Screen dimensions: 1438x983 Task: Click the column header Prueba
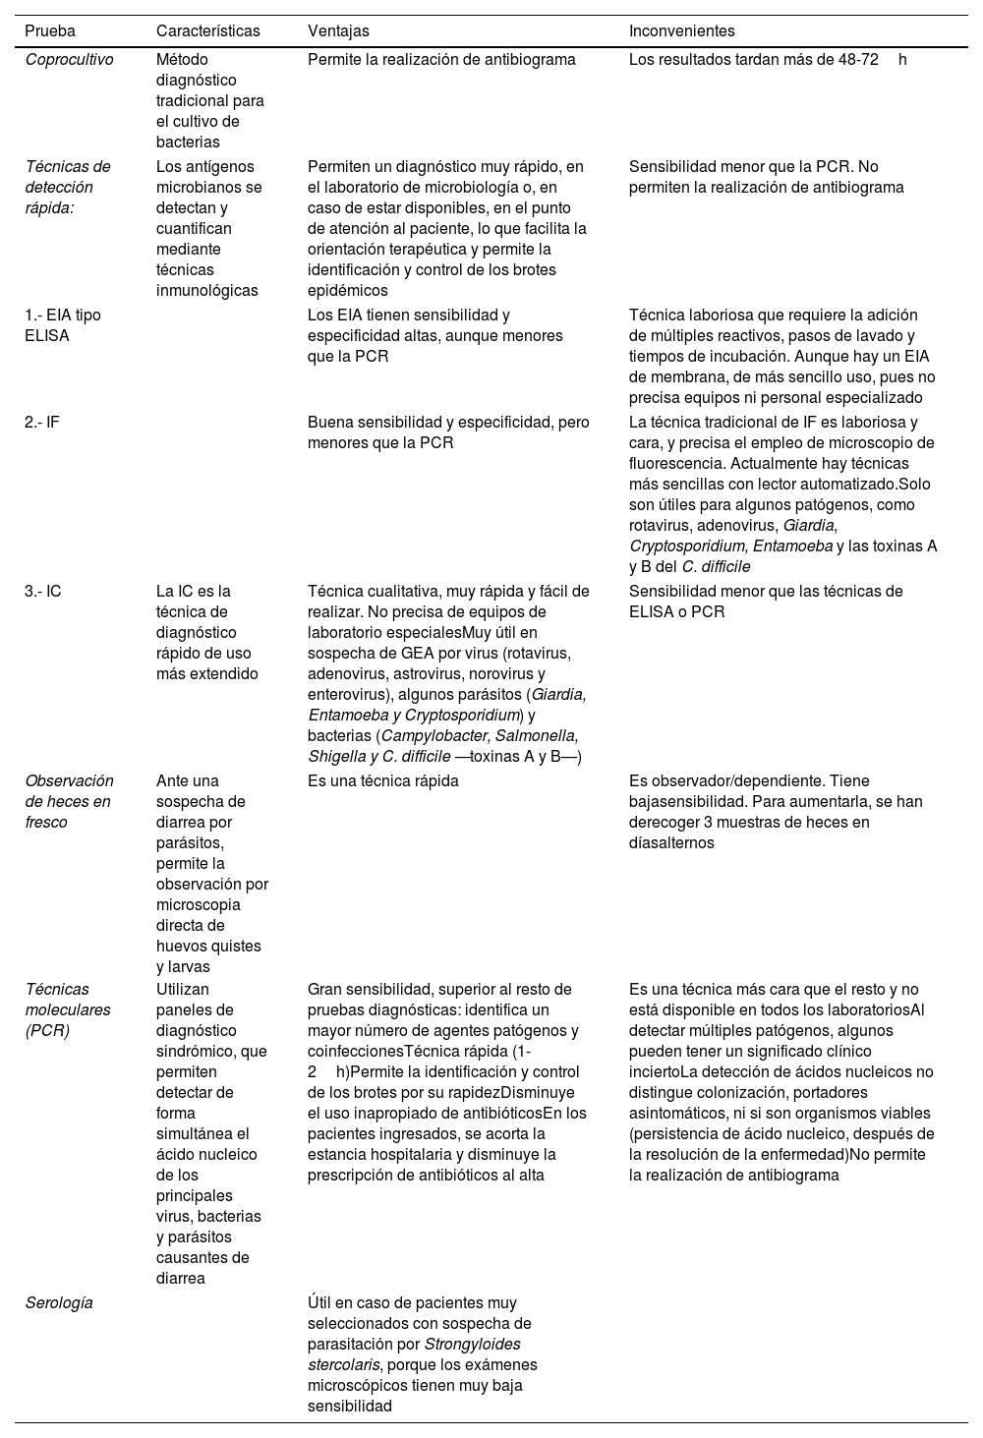[x=50, y=31]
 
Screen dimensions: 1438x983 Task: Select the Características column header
[x=208, y=31]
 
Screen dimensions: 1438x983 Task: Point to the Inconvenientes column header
[x=681, y=31]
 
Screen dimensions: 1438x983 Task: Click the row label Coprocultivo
[x=69, y=59]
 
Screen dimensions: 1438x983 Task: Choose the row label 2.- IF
[x=42, y=423]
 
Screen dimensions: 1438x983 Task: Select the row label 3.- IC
[x=43, y=592]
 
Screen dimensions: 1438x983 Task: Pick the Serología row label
[x=59, y=1303]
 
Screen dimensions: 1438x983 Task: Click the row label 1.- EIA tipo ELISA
[x=63, y=325]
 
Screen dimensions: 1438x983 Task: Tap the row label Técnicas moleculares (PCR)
[x=68, y=1010]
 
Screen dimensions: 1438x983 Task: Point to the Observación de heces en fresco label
[x=69, y=801]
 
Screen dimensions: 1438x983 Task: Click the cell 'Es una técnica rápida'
[x=383, y=781]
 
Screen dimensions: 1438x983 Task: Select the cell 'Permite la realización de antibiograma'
[x=441, y=59]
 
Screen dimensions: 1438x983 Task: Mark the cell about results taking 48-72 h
[x=767, y=59]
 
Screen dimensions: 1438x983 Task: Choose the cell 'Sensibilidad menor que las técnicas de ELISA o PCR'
[x=765, y=602]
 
